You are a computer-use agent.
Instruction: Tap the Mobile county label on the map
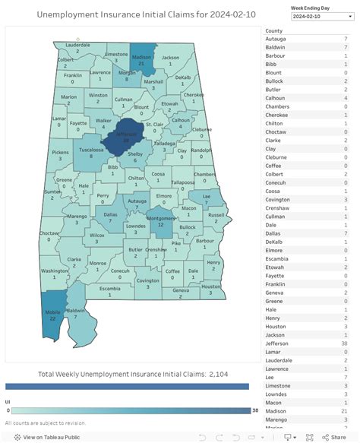click(52, 314)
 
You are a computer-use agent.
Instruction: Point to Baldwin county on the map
click(77, 313)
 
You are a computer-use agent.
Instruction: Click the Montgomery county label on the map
click(160, 220)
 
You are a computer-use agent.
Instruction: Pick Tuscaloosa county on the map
click(91, 152)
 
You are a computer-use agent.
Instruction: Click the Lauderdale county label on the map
click(77, 46)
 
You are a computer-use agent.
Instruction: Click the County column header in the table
click(274, 30)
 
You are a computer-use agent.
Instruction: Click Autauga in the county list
click(276, 39)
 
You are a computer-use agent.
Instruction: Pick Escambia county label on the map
click(110, 290)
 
